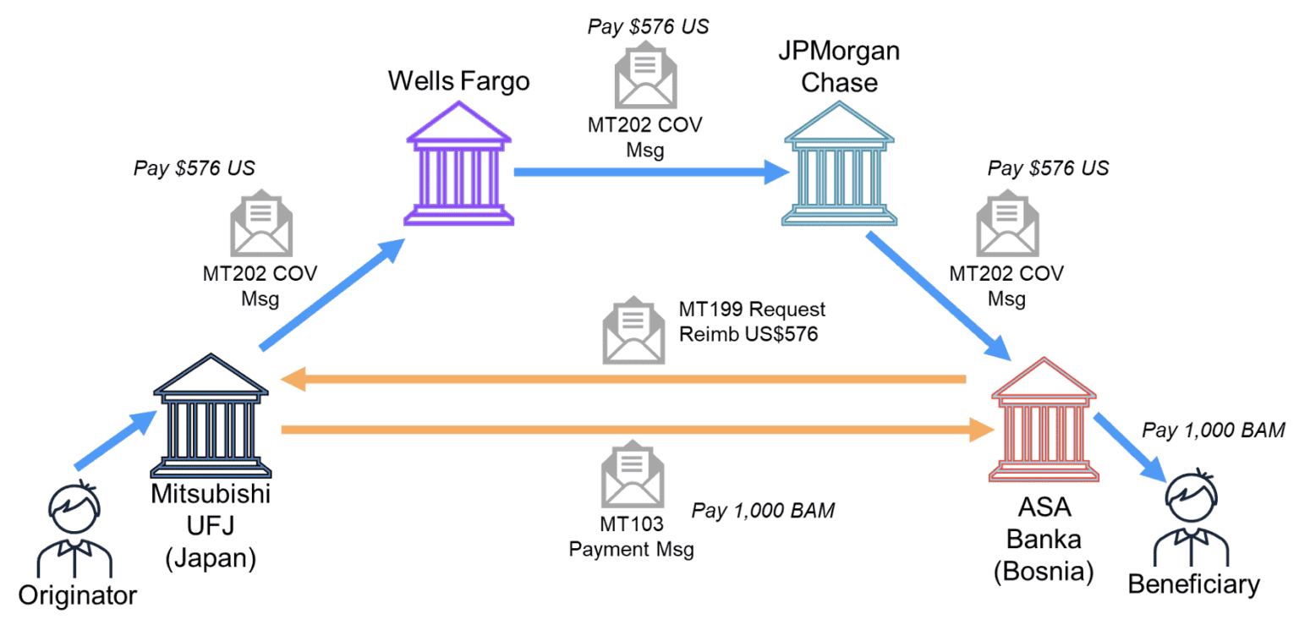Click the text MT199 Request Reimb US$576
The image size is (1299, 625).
[x=751, y=322]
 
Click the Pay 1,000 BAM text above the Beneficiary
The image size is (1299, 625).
[x=1213, y=430]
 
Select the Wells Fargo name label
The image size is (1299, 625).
[x=458, y=81]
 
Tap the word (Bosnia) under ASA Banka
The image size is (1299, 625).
[x=1043, y=572]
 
